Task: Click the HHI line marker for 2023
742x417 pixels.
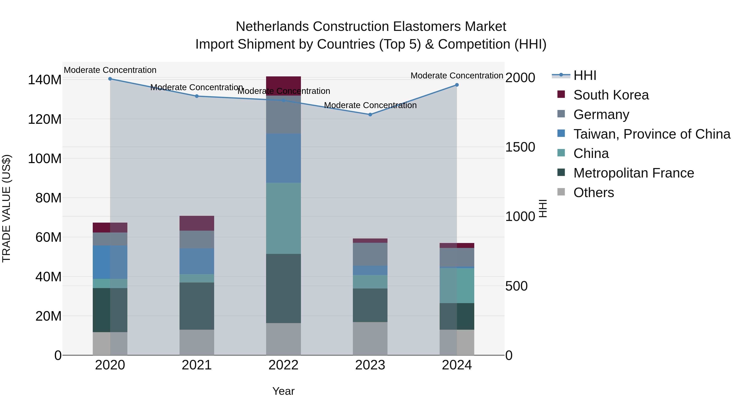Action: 370,114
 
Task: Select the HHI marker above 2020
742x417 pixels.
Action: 110,79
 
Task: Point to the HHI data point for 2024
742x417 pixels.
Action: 457,85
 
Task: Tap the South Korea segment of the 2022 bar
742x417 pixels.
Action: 283,86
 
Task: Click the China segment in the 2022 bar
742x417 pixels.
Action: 283,218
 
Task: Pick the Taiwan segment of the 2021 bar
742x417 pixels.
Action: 197,261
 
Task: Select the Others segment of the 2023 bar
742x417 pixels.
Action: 370,338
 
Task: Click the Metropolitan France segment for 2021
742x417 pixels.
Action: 197,306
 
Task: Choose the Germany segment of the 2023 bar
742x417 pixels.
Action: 370,254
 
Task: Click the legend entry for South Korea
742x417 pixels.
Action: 611,95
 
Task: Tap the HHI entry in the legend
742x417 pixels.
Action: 585,75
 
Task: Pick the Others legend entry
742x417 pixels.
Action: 593,193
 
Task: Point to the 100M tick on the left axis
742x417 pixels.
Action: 45,159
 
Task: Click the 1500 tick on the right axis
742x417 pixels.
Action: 520,147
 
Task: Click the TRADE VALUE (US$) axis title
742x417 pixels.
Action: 6,208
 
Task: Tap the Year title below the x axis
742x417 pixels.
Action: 283,391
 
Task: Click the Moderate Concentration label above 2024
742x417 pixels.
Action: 457,76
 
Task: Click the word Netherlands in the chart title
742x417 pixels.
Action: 272,27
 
